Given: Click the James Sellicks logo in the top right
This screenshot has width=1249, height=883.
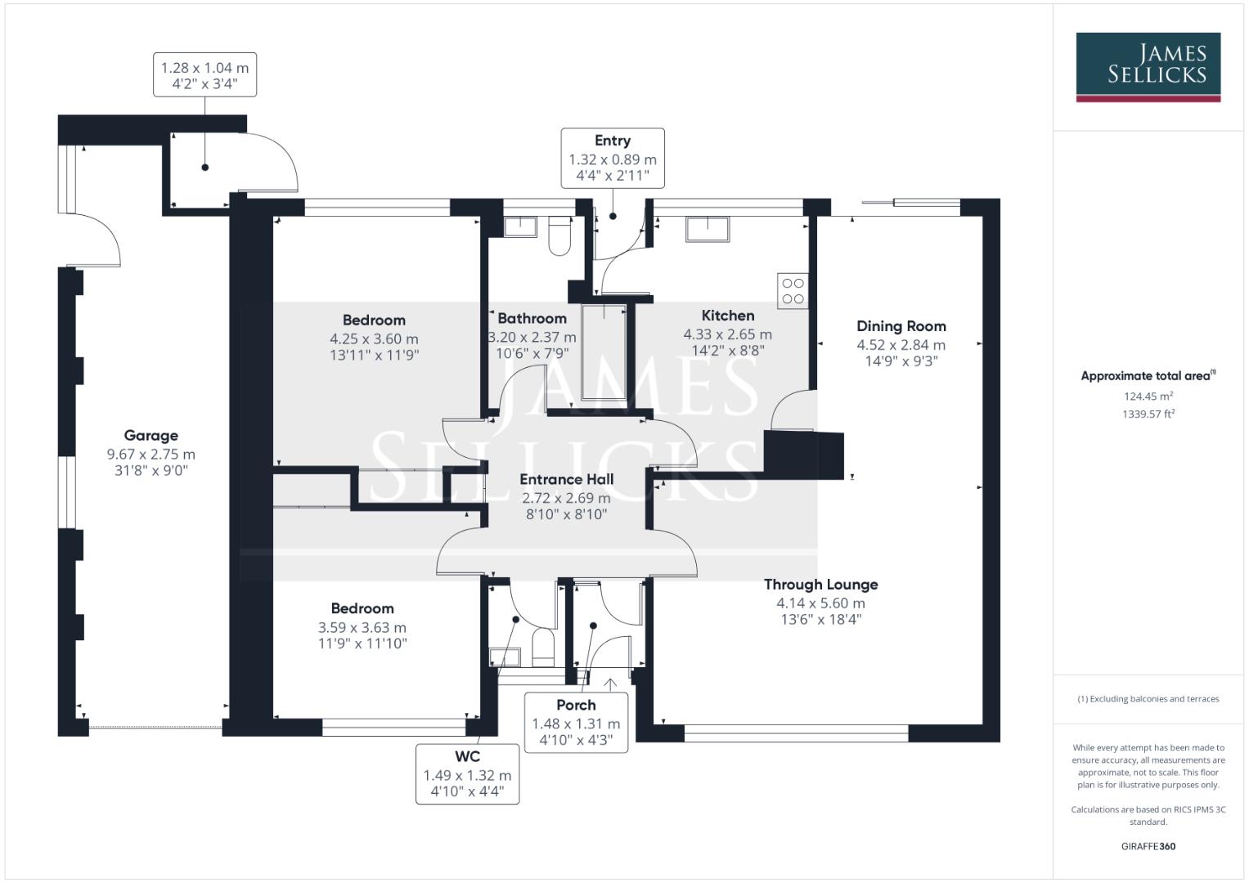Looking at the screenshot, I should click(1148, 66).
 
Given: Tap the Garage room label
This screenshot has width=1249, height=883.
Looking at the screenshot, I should click(151, 436).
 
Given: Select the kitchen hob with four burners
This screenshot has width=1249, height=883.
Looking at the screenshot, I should click(793, 291).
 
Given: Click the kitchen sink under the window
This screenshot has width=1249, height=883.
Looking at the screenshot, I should click(708, 228).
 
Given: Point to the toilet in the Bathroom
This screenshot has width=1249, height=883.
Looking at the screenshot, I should click(559, 235).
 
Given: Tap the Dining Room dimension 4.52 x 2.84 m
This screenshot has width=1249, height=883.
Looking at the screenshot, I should click(901, 345).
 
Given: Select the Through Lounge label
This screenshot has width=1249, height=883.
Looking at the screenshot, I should click(820, 585).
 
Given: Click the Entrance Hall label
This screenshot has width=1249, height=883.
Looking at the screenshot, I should click(566, 480).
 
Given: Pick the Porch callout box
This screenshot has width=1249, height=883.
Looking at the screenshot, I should click(576, 722).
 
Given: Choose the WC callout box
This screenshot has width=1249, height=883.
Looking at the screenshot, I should click(467, 773).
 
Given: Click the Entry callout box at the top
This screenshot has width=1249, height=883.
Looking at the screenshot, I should click(612, 158).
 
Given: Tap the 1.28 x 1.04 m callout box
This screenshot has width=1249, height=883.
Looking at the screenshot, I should click(204, 75).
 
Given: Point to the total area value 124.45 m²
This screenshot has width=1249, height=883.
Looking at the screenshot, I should click(1148, 397).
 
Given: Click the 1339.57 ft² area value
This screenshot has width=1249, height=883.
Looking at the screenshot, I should click(1148, 415).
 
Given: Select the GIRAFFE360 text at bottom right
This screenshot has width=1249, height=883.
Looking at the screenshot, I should click(1148, 846).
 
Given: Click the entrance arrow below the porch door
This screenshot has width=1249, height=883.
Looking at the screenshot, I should click(609, 683).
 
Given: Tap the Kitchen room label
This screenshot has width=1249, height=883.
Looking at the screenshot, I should click(727, 316).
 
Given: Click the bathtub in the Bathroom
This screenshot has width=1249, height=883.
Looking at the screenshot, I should click(604, 353).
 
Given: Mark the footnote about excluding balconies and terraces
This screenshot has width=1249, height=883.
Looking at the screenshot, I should click(1148, 699).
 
